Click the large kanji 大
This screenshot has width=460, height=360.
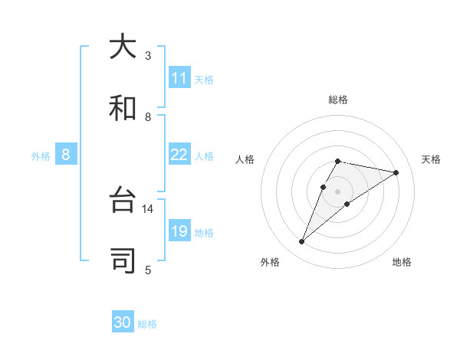[x=123, y=47]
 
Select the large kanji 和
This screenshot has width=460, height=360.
[x=123, y=109]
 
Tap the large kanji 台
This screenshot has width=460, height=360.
[x=123, y=201]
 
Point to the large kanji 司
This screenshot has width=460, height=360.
[x=123, y=261]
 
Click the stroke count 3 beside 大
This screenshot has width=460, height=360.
[x=148, y=55]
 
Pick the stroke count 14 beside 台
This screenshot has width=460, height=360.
[x=148, y=208]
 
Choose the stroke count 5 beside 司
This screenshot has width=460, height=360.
[x=148, y=269]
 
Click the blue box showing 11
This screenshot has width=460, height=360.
[x=179, y=78]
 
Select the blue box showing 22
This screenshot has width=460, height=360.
[x=179, y=155]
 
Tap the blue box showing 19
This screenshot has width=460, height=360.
[x=179, y=231]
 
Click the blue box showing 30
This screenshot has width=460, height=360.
[x=123, y=322]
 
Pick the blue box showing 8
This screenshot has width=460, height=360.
[x=66, y=155]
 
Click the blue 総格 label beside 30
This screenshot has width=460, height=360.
[x=148, y=324]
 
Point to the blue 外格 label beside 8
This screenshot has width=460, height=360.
[x=41, y=156]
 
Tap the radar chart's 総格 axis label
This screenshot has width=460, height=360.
[x=337, y=100]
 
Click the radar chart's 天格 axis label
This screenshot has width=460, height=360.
[x=431, y=159]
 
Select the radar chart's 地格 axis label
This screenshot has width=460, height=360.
[x=402, y=262]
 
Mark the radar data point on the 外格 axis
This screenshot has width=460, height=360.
[x=301, y=242]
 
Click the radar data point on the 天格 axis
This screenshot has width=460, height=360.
[x=396, y=172]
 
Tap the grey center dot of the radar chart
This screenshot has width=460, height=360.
[x=337, y=191]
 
